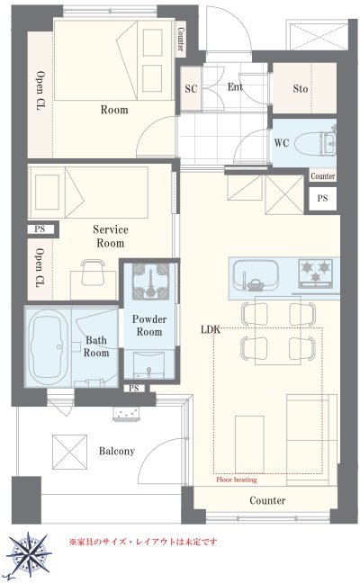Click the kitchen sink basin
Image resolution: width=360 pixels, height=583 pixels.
(x=256, y=275)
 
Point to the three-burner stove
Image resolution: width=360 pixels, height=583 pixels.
(x=315, y=273)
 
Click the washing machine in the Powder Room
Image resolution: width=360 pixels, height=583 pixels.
(x=150, y=281)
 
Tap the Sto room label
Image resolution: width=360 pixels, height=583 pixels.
(x=300, y=88)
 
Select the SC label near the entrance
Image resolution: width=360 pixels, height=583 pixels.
(x=191, y=88)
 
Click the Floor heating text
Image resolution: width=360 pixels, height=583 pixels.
(x=237, y=480)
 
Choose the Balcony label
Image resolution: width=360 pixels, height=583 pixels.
(x=117, y=451)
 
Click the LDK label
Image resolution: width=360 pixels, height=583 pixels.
(x=211, y=329)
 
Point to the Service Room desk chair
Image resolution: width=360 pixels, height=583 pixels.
(x=93, y=272)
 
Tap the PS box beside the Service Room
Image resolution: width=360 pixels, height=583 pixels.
(x=40, y=229)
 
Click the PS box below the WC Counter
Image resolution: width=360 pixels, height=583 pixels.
(x=322, y=198)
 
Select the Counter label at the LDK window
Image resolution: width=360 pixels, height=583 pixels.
(x=267, y=500)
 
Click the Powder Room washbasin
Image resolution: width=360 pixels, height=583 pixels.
(x=148, y=364)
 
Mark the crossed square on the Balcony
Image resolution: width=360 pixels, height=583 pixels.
(x=69, y=453)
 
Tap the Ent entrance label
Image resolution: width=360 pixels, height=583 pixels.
(x=235, y=87)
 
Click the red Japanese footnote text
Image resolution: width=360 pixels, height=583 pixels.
(x=143, y=542)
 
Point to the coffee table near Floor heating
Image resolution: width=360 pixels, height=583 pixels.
(x=249, y=444)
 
